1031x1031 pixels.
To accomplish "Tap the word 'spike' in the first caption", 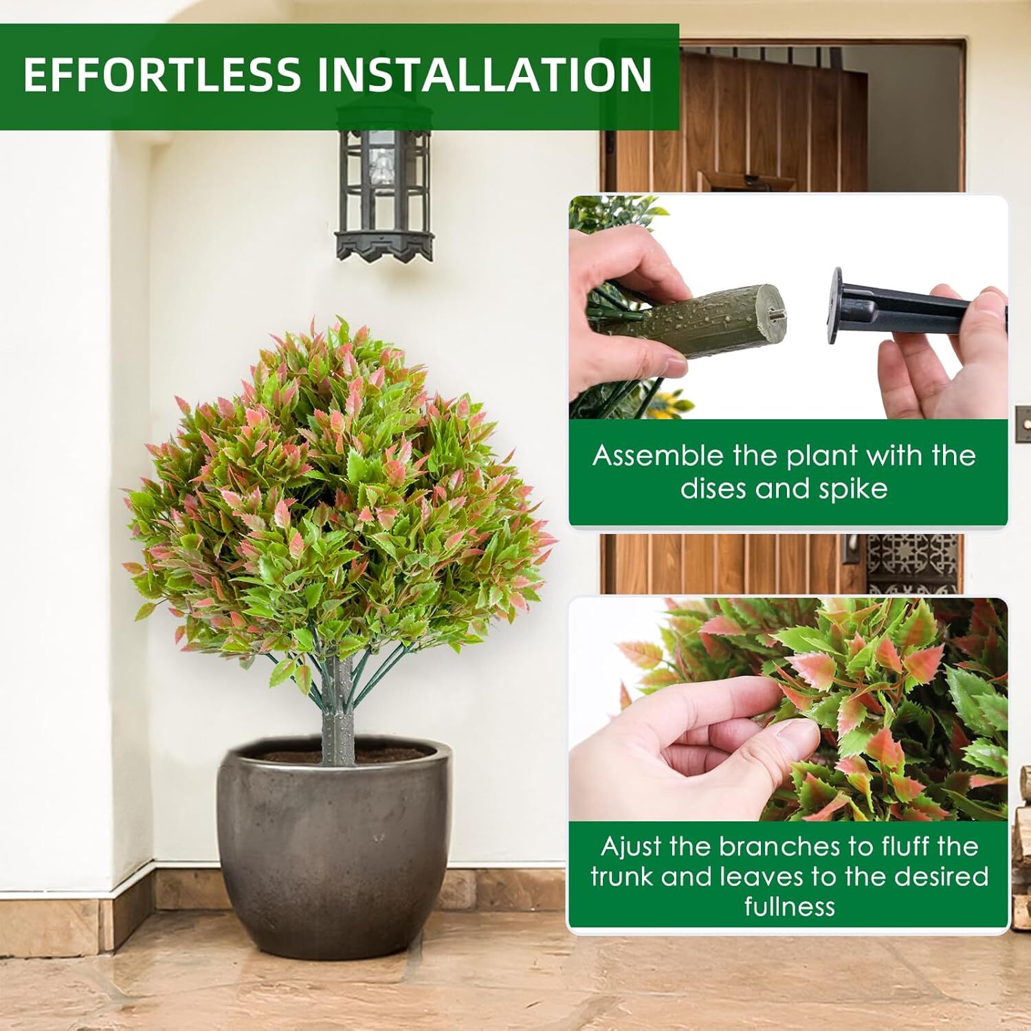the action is tap(852, 489).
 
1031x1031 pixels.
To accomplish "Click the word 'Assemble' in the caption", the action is tap(658, 455).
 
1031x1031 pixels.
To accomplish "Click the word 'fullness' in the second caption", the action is tap(789, 906).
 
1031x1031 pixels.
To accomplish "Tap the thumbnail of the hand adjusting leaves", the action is tap(788, 709).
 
